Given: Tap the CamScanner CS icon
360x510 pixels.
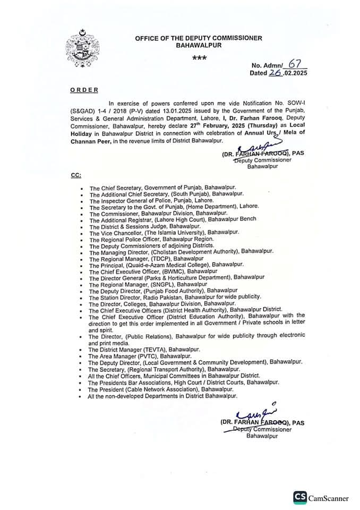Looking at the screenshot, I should [300, 498].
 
